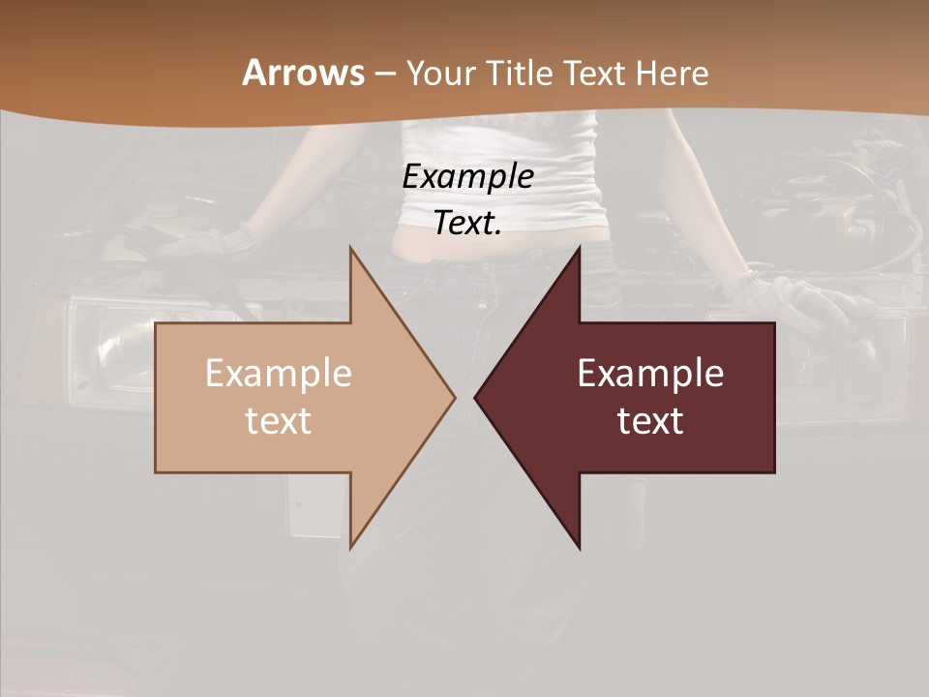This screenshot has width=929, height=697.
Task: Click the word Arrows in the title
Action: (303, 73)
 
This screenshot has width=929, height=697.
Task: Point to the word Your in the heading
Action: (440, 73)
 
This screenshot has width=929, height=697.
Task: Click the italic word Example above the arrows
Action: (467, 177)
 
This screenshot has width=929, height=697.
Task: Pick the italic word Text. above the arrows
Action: (467, 224)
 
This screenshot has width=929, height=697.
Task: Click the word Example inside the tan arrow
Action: (279, 374)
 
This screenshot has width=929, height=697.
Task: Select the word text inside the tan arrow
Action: (279, 420)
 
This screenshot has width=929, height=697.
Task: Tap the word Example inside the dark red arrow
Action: (650, 374)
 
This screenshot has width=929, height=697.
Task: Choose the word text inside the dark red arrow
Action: (650, 420)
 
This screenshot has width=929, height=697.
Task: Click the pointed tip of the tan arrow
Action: (454, 397)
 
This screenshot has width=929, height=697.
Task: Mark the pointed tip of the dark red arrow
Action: (476, 397)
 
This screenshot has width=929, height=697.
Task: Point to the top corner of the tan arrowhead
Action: (351, 249)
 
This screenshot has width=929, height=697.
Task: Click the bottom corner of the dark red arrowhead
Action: (579, 547)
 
